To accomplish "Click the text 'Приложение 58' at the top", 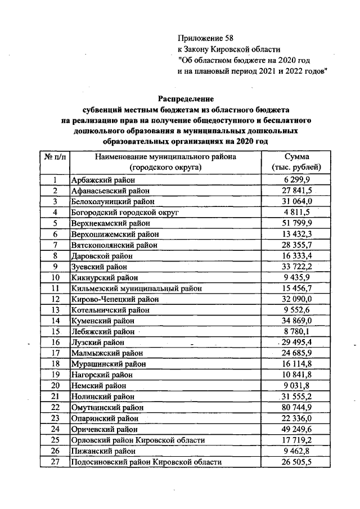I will [x=205, y=38].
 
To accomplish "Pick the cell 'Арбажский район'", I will [x=98, y=180].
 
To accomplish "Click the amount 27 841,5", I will [x=296, y=191].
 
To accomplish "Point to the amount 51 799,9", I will [x=296, y=223].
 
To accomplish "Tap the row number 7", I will [x=55, y=245].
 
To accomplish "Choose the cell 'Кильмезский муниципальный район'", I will [x=136, y=288].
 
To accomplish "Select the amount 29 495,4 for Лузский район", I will [x=298, y=342].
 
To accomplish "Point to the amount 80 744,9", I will [x=296, y=407].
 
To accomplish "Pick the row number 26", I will [x=55, y=451].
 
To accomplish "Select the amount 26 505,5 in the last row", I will [x=296, y=462].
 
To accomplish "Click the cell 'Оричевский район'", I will [x=105, y=429].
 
